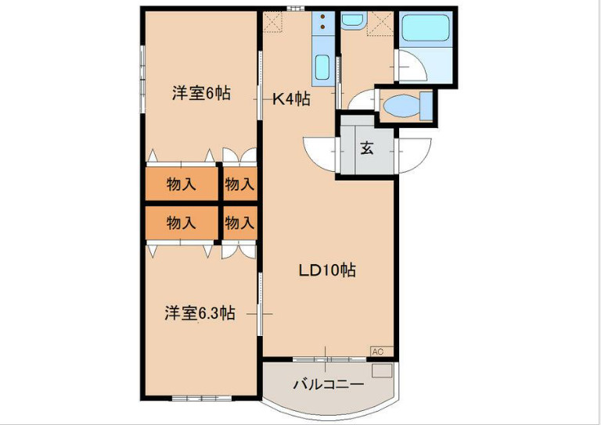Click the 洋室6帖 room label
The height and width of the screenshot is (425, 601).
[201, 94]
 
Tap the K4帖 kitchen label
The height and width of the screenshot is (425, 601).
[291, 99]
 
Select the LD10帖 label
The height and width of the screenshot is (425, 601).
[327, 270]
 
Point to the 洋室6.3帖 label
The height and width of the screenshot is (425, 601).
[200, 313]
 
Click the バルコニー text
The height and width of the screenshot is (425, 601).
[328, 384]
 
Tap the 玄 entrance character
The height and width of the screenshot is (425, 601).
[366, 148]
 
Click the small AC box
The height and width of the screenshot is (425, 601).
[378, 352]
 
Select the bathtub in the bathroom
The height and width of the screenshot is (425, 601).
[426, 30]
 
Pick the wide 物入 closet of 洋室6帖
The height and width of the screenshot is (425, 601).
[181, 184]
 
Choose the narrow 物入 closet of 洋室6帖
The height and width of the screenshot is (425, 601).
[239, 184]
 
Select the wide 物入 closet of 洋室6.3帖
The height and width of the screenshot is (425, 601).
[181, 223]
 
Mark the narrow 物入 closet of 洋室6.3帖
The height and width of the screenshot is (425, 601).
[239, 223]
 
